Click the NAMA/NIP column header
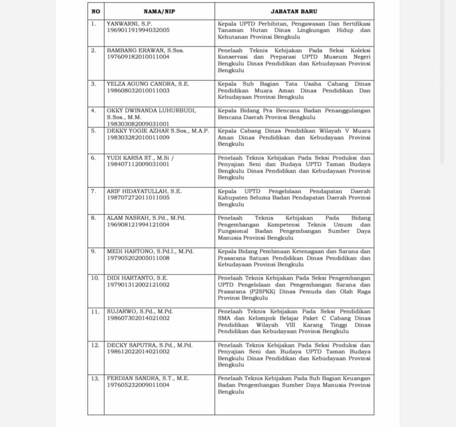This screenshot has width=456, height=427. pyautogui.click(x=159, y=12)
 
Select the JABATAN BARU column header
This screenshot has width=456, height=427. pyautogui.click(x=294, y=12)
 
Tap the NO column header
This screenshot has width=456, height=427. pyautogui.click(x=96, y=12)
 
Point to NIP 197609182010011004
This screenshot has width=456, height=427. pyautogui.click(x=138, y=57)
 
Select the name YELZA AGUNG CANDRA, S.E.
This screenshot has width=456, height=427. pyautogui.click(x=148, y=84)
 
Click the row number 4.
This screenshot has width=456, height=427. pyautogui.click(x=93, y=111)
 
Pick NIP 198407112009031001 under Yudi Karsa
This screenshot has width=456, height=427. pyautogui.click(x=138, y=164)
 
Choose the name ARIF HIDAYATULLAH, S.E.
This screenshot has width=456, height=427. pyautogui.click(x=144, y=191)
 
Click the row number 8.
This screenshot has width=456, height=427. pyautogui.click(x=93, y=218)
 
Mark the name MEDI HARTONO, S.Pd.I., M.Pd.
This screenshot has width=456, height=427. pyautogui.click(x=150, y=251)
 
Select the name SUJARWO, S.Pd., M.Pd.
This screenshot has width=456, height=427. pyautogui.click(x=140, y=312)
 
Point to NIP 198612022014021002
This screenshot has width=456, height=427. pyautogui.click(x=138, y=351)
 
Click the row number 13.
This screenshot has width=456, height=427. pyautogui.click(x=95, y=378)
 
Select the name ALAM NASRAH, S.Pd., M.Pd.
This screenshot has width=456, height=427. pyautogui.click(x=146, y=218)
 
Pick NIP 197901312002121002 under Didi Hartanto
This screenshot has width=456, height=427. pyautogui.click(x=138, y=285)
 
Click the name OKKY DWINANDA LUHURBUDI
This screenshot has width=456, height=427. pyautogui.click(x=151, y=111)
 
